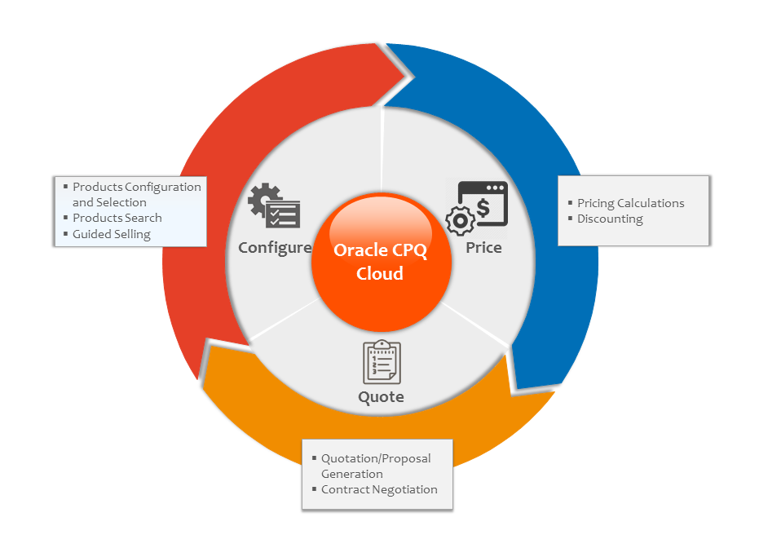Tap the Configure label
pos(275,247)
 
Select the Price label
pos(483,247)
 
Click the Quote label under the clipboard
pos(381,397)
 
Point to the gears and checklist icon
pos(275,206)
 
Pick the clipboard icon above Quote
pos(382,361)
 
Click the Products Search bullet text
pos(117,218)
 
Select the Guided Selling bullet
pos(111,234)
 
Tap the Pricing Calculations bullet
pos(630,203)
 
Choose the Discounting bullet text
pos(610,219)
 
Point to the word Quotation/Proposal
pos(376,458)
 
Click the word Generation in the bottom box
pos(351,474)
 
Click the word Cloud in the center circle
pos(380,273)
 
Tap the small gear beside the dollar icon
pos(457,221)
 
